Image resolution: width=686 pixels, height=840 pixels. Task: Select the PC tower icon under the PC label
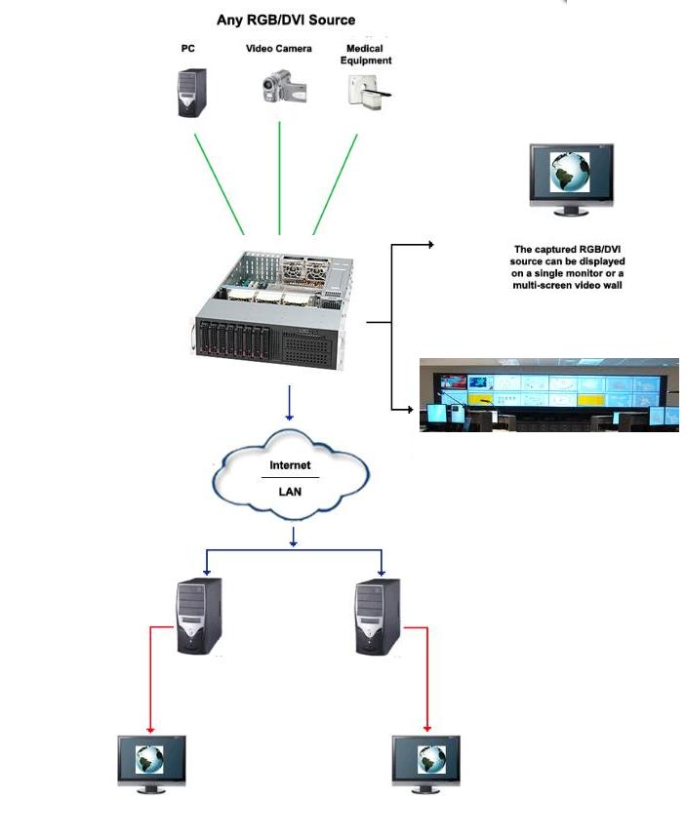pyautogui.click(x=190, y=92)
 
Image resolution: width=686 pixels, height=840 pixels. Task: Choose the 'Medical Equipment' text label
pyautogui.click(x=366, y=54)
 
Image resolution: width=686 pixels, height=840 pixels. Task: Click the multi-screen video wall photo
pyautogui.click(x=548, y=394)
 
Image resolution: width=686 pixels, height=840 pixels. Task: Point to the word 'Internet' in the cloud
pyautogui.click(x=290, y=466)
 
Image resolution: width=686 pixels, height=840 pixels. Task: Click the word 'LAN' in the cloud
pyautogui.click(x=290, y=492)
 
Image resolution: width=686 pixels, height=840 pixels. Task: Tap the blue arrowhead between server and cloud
pyautogui.click(x=290, y=416)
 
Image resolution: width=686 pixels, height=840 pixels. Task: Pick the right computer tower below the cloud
pyautogui.click(x=377, y=617)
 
